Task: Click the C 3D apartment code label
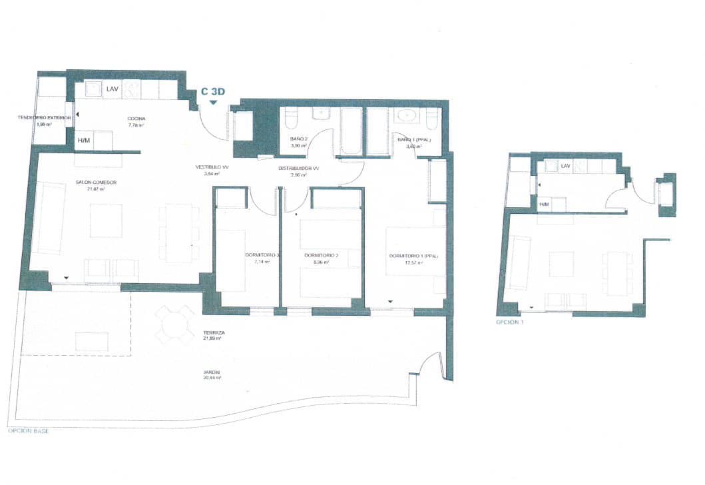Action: click(212, 93)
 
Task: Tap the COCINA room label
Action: click(136, 119)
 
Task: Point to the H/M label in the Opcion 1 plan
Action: click(544, 205)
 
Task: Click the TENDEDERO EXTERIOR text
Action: click(44, 118)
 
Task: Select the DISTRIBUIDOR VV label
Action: click(298, 169)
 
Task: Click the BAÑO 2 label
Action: click(298, 139)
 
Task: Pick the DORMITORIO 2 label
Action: click(322, 255)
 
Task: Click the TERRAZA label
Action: click(214, 332)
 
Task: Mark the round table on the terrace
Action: click(172, 324)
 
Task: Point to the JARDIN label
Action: click(212, 372)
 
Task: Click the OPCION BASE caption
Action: click(27, 431)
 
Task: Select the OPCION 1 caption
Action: click(510, 322)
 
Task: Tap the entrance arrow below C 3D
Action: click(213, 103)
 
